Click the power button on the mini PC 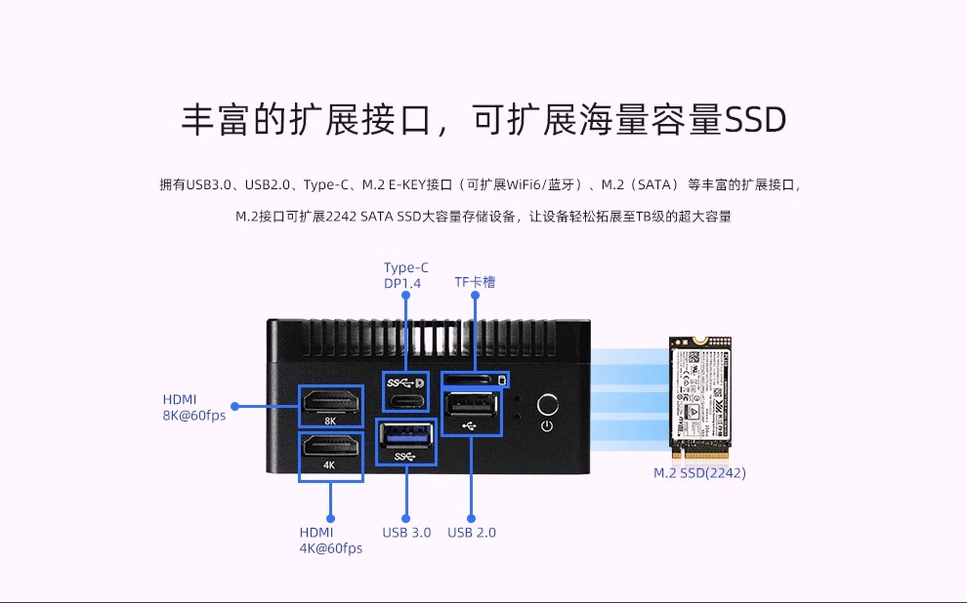548,404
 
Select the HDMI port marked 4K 330,447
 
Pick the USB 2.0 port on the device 472,404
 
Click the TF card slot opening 471,379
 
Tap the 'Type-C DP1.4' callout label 405,275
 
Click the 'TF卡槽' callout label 475,282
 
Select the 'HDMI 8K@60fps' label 193,407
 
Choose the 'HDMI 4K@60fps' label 330,541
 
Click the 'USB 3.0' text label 406,533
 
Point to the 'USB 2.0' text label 472,533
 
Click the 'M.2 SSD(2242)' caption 699,473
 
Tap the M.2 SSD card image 699,390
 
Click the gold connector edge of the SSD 699,452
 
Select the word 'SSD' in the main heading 755,120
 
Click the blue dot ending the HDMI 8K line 234,405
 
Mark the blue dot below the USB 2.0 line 471,519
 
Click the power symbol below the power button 548,425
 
